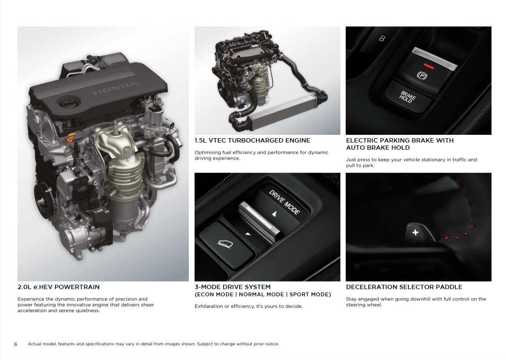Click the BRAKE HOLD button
408,97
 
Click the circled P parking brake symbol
422,75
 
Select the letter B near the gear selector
382,39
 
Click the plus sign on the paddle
415,232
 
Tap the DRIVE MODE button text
284,202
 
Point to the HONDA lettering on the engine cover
115,88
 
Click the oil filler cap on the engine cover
69,103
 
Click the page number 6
15,344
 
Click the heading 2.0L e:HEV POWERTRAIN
58,287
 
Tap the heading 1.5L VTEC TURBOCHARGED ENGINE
253,141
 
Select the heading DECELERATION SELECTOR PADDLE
404,287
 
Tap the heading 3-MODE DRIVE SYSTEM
233,287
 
